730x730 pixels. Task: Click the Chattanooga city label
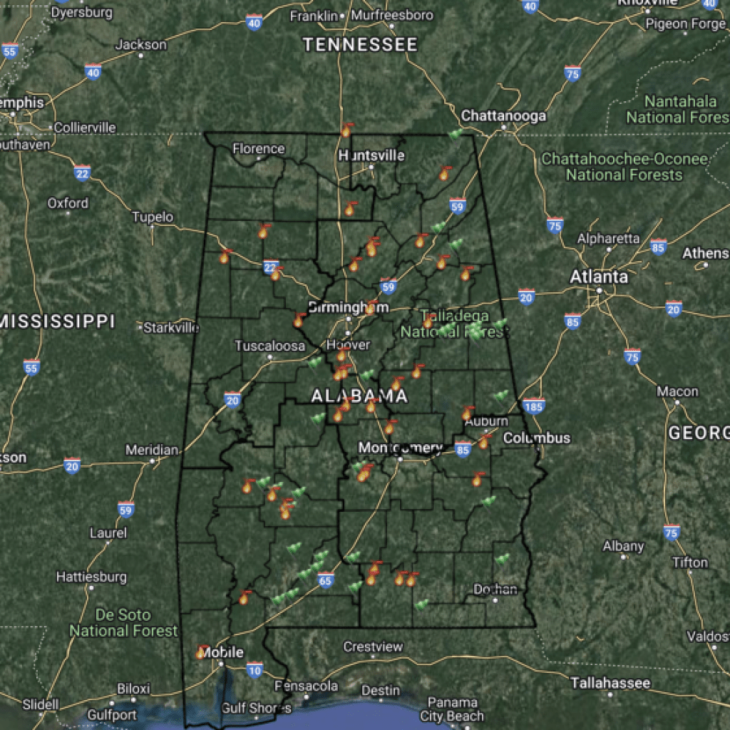click(503, 115)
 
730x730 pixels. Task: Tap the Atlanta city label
click(599, 277)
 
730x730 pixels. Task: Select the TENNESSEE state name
click(360, 45)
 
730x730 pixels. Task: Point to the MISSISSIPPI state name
click(57, 321)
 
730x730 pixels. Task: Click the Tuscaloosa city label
click(270, 346)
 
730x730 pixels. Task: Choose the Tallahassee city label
click(610, 683)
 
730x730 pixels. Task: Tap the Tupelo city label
click(153, 217)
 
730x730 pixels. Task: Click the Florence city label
click(259, 149)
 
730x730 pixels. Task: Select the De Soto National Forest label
click(123, 622)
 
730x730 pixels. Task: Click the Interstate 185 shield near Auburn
click(533, 406)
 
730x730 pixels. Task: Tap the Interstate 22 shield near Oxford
click(83, 173)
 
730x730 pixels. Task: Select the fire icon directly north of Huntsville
click(346, 130)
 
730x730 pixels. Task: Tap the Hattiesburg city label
click(91, 576)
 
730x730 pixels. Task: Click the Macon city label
click(677, 391)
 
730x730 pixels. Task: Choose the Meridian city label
click(152, 451)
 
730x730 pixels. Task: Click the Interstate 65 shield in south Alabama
click(326, 581)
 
